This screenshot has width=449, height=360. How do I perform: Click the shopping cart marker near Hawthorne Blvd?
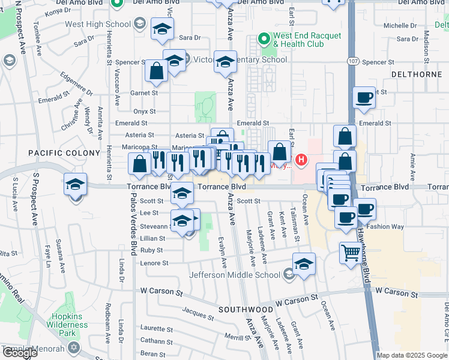click(351, 251)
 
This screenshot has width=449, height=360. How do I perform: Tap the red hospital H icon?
click(301, 160)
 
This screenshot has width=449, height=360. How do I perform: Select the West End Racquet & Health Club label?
click(298, 40)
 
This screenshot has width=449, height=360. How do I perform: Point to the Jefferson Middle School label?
click(235, 275)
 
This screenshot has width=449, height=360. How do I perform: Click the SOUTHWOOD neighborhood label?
click(246, 310)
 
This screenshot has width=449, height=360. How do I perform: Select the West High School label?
click(98, 25)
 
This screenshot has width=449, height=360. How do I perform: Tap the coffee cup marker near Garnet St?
click(364, 97)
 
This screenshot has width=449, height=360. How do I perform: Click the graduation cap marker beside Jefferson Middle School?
click(304, 263)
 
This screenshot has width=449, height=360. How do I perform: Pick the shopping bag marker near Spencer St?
click(156, 70)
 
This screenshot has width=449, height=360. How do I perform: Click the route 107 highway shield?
click(352, 62)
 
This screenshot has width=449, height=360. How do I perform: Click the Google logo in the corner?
click(20, 353)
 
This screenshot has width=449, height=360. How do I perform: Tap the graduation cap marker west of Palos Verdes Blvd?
click(76, 184)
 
